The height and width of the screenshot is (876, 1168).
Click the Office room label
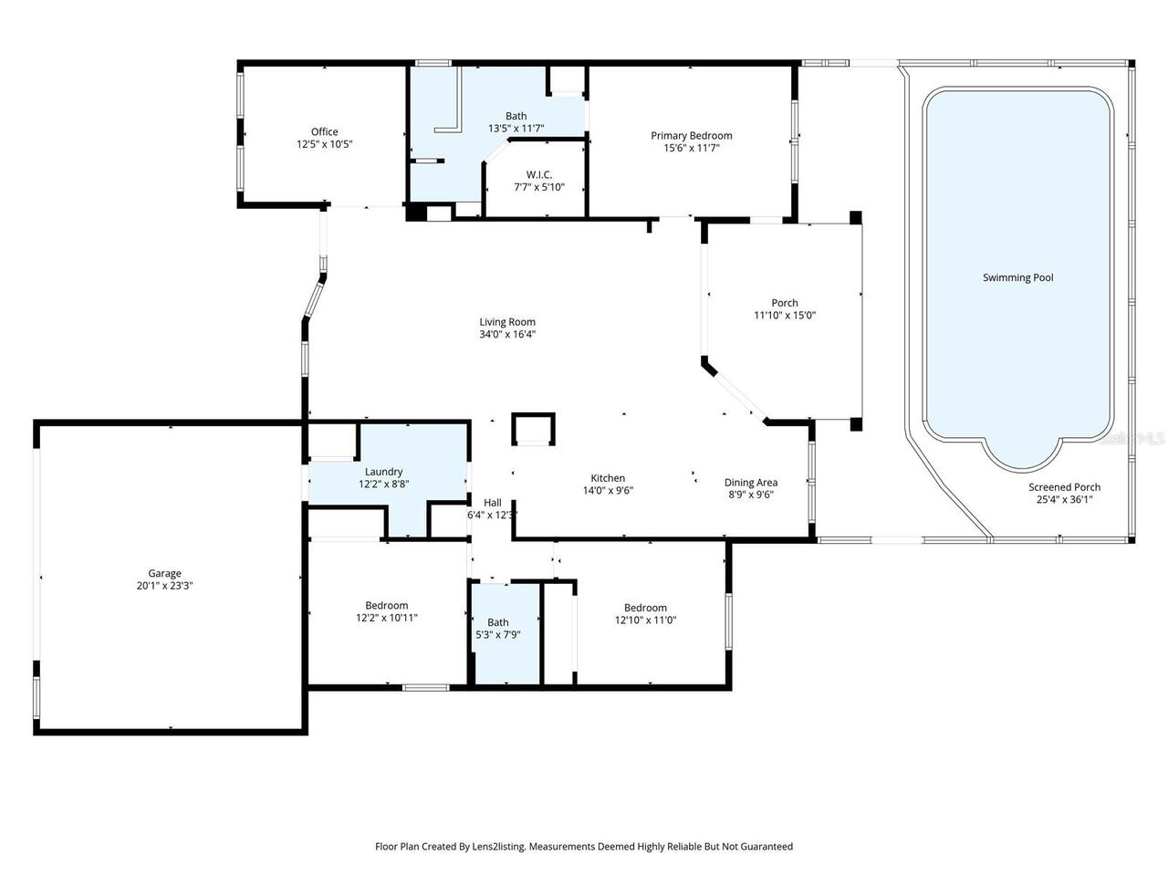[324, 131]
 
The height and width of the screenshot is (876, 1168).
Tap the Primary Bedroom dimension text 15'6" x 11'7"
[691, 148]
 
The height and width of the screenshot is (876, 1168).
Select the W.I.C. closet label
[538, 174]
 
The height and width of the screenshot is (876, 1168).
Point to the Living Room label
[507, 321]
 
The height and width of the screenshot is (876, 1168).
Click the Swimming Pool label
[1017, 277]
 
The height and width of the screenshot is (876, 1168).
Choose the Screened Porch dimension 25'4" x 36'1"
[1064, 499]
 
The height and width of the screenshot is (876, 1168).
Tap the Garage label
[165, 574]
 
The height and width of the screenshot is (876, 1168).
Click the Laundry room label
[383, 472]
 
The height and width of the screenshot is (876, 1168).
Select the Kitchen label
[608, 478]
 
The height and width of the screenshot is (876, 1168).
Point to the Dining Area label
[751, 483]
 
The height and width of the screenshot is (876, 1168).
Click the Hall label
[493, 502]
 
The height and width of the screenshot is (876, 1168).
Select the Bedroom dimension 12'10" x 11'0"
[645, 620]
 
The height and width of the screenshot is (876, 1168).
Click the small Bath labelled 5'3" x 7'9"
[497, 622]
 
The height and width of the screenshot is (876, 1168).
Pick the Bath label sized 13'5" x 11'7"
[516, 116]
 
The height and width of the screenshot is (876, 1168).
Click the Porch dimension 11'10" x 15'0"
[784, 315]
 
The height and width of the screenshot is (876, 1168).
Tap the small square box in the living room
[533, 428]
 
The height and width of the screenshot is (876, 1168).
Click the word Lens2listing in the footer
[496, 847]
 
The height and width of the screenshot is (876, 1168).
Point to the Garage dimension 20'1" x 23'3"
[165, 586]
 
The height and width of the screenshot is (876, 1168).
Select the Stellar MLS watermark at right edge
[1132, 438]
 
